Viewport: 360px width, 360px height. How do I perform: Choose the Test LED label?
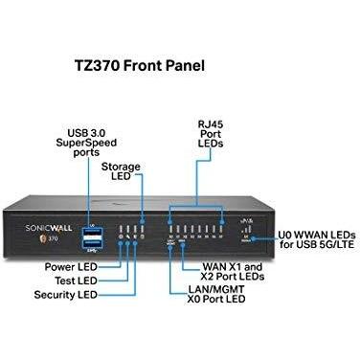tap(79, 281)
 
